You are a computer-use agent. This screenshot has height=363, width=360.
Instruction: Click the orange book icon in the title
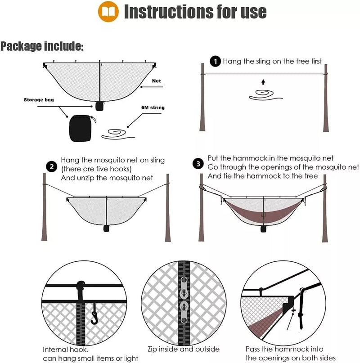click(108, 11)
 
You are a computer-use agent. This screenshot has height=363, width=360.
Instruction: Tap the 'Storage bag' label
click(39, 99)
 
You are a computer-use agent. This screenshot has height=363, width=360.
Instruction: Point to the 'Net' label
click(157, 81)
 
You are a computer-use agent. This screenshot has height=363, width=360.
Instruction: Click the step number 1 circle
click(216, 61)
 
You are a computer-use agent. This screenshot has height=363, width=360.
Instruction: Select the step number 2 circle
click(52, 167)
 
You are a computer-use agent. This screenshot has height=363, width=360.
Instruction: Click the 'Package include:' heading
click(42, 46)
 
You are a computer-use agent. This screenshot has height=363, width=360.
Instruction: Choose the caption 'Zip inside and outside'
click(184, 349)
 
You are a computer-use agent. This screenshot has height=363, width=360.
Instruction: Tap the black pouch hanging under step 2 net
click(107, 229)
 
